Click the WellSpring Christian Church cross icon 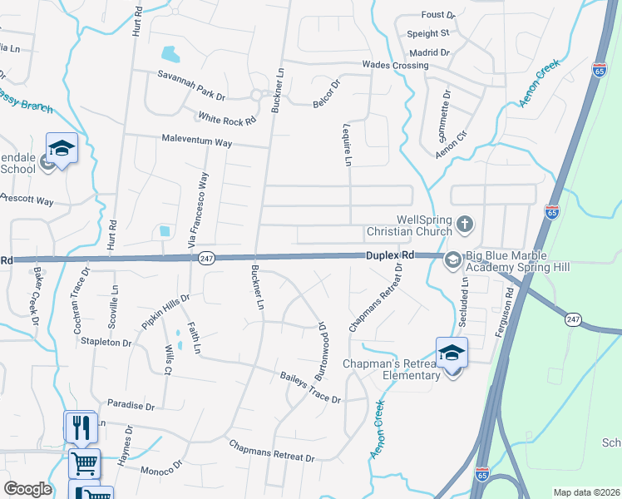(465, 223)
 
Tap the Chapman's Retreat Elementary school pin (452, 353)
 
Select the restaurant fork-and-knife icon (81, 427)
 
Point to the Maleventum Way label (197, 141)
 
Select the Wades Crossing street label (395, 65)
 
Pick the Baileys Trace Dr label (311, 388)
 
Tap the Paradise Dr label (131, 406)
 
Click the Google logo (28, 489)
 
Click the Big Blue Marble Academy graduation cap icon (453, 259)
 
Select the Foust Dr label (438, 15)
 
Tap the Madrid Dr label (429, 52)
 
